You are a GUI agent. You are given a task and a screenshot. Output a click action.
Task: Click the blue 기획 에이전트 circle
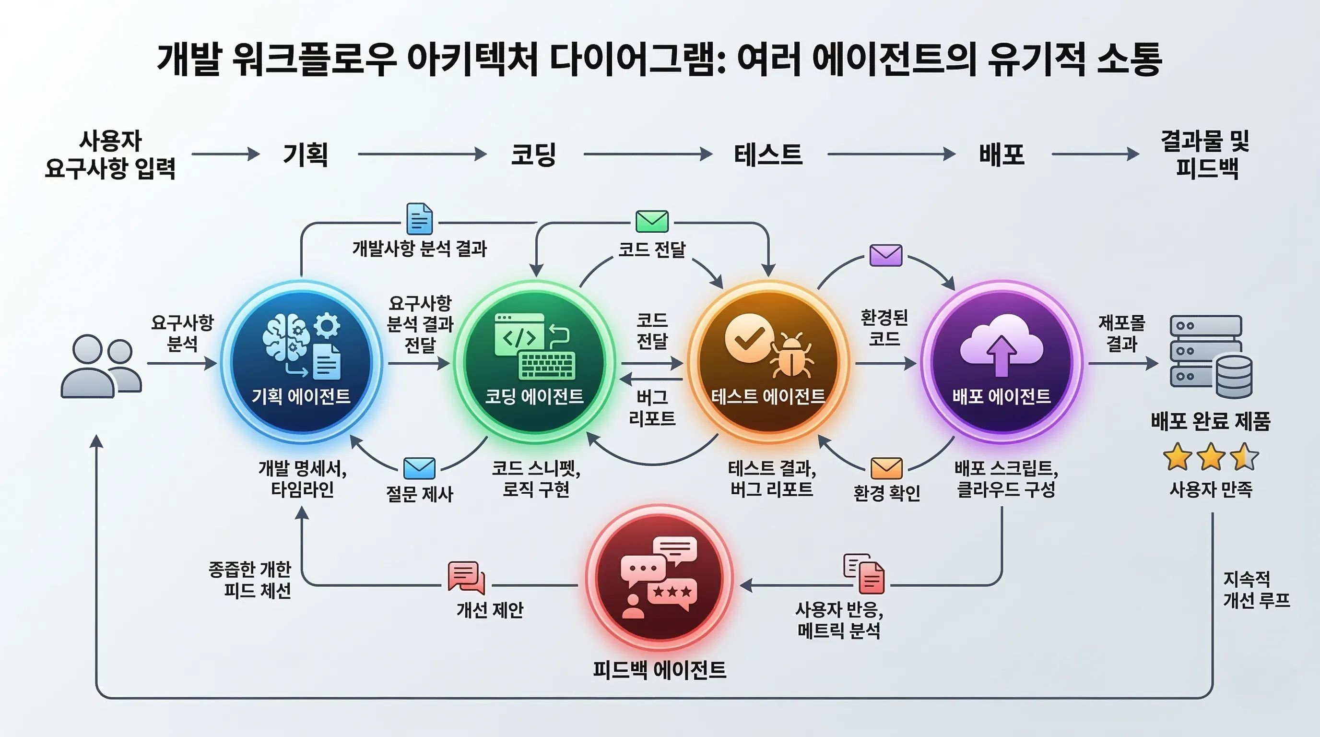301,362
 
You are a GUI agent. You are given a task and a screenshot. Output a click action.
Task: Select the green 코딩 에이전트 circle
534,362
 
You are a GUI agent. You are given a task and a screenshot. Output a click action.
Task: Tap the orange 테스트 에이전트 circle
768,362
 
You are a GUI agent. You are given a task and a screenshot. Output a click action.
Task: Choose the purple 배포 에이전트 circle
1002,362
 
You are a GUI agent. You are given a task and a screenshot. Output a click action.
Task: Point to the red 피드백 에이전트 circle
660,579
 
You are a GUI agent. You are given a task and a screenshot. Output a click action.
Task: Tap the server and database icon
1210,356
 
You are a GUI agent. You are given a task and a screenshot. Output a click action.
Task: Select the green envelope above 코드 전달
652,221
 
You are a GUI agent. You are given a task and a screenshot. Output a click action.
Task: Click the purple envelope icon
886,255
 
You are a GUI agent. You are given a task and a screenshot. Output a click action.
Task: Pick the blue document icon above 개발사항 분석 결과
419,219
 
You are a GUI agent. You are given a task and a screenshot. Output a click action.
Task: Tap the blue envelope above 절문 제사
419,468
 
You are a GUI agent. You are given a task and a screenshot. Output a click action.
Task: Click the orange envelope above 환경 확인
886,468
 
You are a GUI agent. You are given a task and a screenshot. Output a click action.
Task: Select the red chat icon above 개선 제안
466,577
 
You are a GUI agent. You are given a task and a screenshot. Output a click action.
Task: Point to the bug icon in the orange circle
792,354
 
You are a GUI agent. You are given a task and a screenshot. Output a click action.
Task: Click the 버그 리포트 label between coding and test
652,407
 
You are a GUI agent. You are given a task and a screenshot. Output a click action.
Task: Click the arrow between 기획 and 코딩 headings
422,154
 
